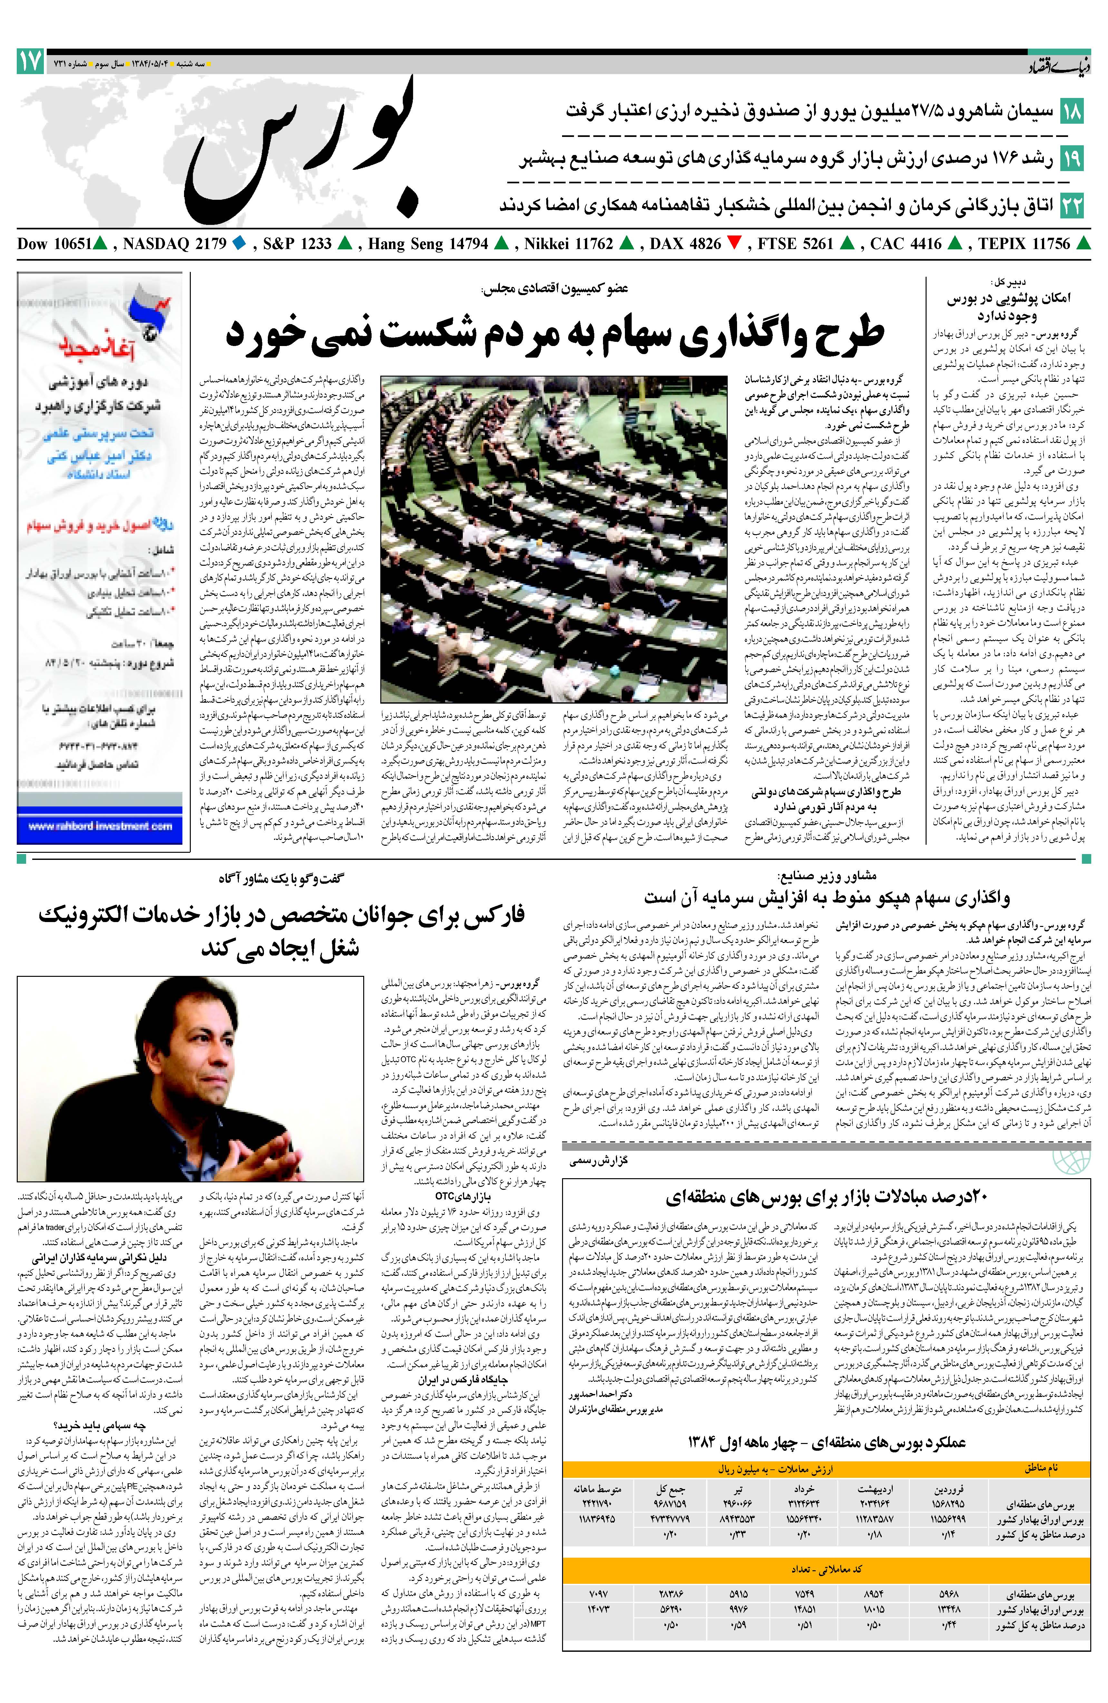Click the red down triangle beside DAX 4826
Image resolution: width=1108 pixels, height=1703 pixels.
(734, 244)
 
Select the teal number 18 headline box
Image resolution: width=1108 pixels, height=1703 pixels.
(1072, 111)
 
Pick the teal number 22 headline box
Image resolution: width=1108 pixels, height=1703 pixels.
(1072, 205)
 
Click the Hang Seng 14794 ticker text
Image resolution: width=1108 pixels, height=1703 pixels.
(428, 244)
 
